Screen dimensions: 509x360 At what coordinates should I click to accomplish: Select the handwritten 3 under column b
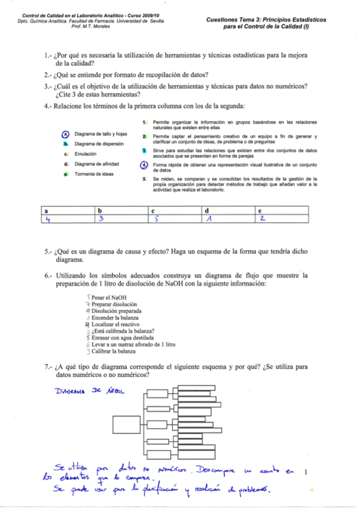[x=102, y=219]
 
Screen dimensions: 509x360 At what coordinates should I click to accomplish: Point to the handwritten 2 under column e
[x=262, y=219]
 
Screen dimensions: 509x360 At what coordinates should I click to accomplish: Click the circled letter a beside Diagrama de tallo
[x=66, y=134]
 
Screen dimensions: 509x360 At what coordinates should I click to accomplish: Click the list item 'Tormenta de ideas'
[x=94, y=174]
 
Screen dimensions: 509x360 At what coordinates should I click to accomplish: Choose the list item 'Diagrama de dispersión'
[x=99, y=144]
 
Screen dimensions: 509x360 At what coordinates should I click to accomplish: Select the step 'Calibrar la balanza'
[x=113, y=351]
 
